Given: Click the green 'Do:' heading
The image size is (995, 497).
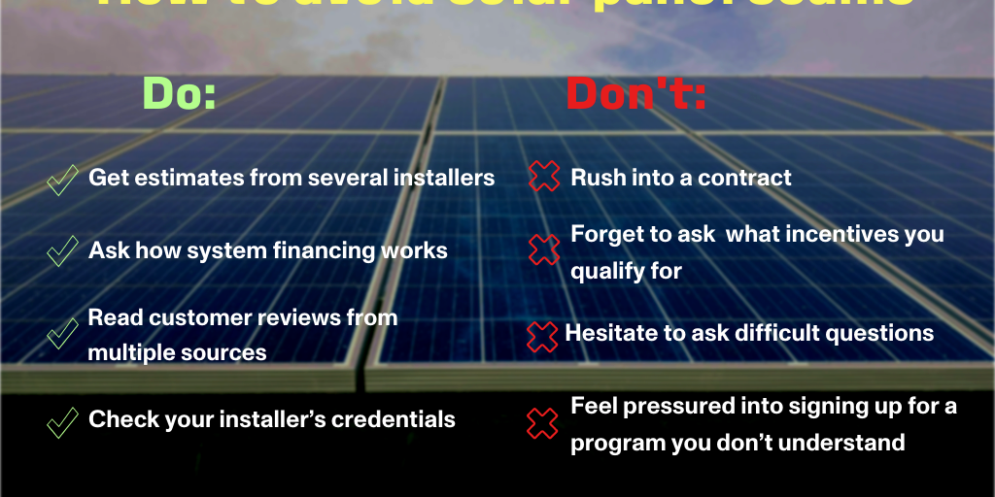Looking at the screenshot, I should pyautogui.click(x=180, y=93).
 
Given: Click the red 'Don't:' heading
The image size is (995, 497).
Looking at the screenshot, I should pyautogui.click(x=636, y=93).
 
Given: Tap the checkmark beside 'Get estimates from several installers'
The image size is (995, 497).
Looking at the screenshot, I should pyautogui.click(x=62, y=180).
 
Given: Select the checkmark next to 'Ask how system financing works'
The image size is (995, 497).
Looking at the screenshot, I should pyautogui.click(x=62, y=251).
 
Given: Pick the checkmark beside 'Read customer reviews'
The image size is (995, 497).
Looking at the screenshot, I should pyautogui.click(x=62, y=334).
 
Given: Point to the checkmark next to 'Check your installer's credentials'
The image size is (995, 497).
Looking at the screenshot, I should pyautogui.click(x=62, y=421).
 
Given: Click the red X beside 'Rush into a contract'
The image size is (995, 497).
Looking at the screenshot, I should pyautogui.click(x=544, y=177).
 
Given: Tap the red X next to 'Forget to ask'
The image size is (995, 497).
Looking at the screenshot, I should pyautogui.click(x=544, y=250).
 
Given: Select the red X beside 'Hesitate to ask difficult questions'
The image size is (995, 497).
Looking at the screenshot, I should pyautogui.click(x=542, y=336).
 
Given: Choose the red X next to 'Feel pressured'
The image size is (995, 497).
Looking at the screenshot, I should pyautogui.click(x=542, y=422).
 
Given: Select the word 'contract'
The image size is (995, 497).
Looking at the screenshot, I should pyautogui.click(x=744, y=178).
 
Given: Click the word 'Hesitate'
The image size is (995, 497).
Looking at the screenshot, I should pyautogui.click(x=611, y=333).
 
